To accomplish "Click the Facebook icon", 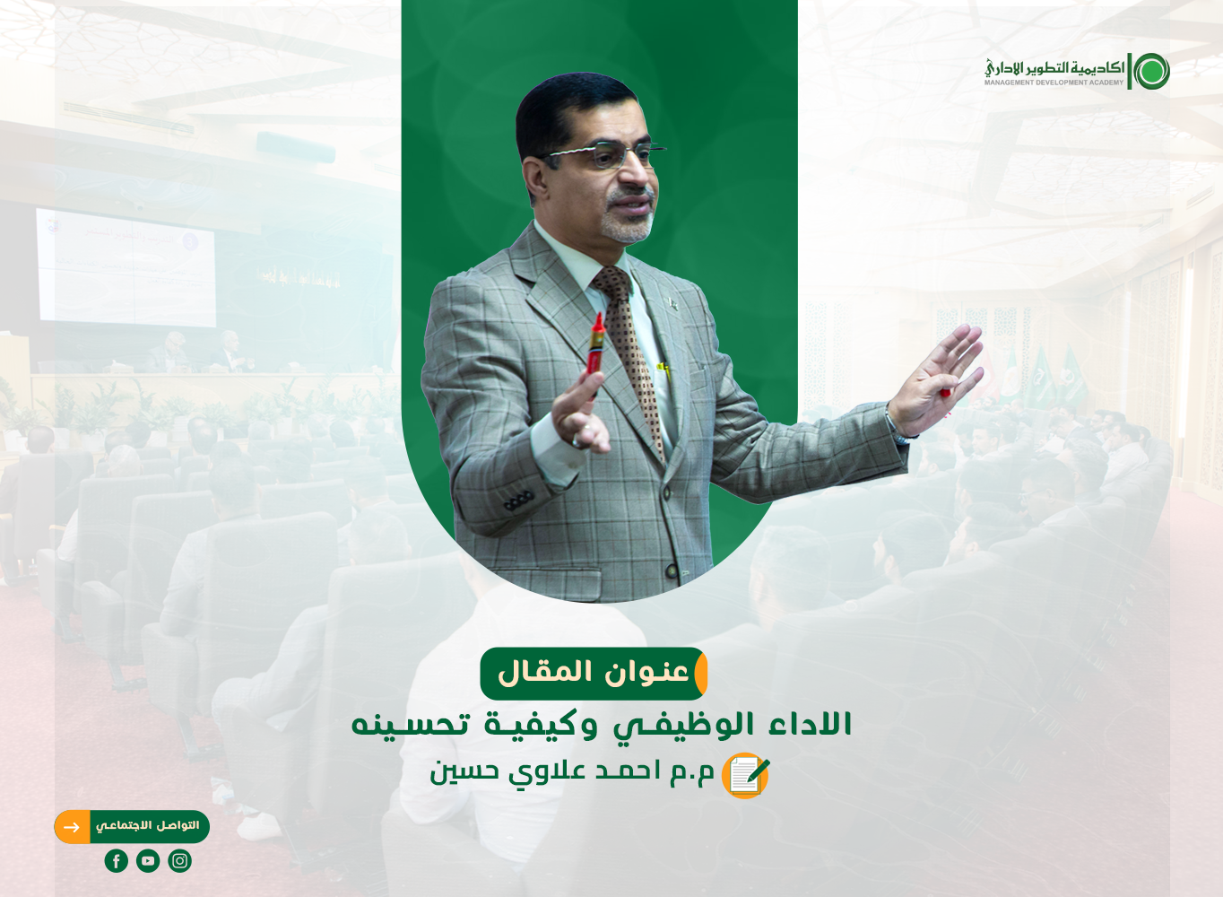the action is click(x=117, y=861).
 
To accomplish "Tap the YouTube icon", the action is click(x=148, y=861).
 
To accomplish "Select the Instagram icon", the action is click(x=179, y=861).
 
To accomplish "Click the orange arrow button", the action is click(x=72, y=827).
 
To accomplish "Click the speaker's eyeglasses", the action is click(x=603, y=153).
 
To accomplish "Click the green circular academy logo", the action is click(x=1152, y=71).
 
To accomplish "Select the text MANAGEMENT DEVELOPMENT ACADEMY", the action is click(x=1054, y=83).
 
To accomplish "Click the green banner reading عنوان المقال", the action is click(x=594, y=673).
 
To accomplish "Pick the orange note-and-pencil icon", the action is click(x=745, y=775).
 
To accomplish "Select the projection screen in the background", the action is click(x=126, y=267).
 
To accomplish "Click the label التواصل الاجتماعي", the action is click(x=148, y=826).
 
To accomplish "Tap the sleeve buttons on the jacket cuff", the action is click(x=518, y=500).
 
